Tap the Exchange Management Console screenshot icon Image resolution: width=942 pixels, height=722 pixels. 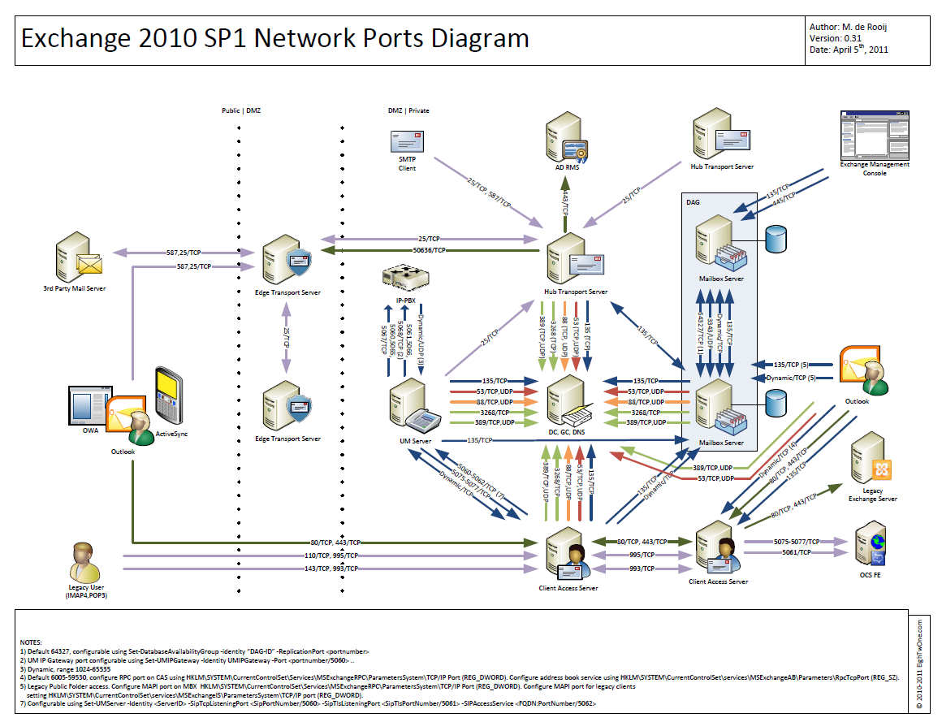[x=874, y=134]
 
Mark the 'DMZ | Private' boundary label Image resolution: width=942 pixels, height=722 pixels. [x=409, y=110]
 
